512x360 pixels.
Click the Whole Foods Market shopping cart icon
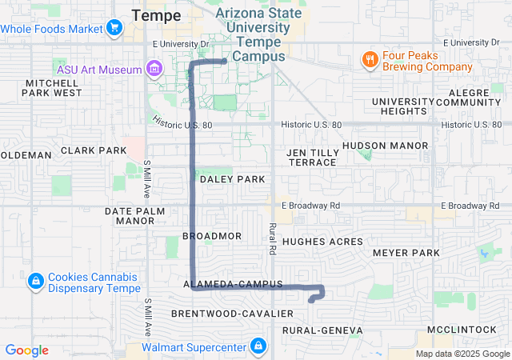pos(114,29)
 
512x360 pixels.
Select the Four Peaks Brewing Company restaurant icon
pos(369,60)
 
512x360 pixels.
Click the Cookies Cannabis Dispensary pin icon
pos(35,282)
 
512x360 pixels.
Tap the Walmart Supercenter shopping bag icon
pos(258,347)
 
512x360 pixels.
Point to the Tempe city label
pos(156,15)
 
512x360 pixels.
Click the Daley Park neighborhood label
pos(232,179)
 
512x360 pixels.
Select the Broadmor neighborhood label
pos(212,236)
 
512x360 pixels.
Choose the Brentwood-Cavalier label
pos(222,313)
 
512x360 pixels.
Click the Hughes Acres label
pos(322,242)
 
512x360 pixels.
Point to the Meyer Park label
pos(406,253)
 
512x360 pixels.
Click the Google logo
pos(27,350)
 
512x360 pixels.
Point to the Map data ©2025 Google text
pos(462,354)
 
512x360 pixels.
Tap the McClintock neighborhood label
pos(461,330)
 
